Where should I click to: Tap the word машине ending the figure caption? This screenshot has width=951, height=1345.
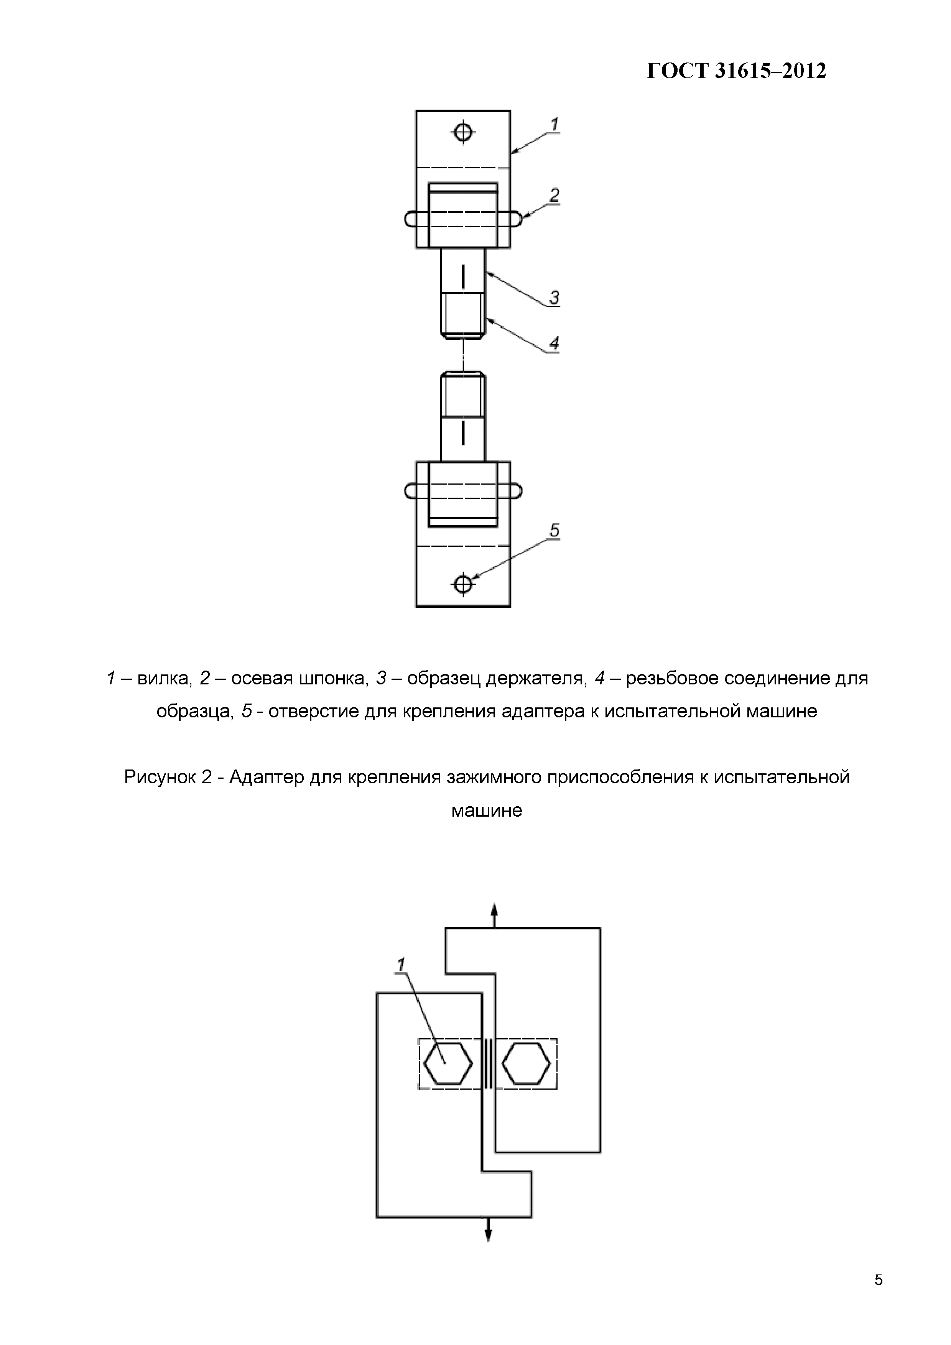tap(486, 811)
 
